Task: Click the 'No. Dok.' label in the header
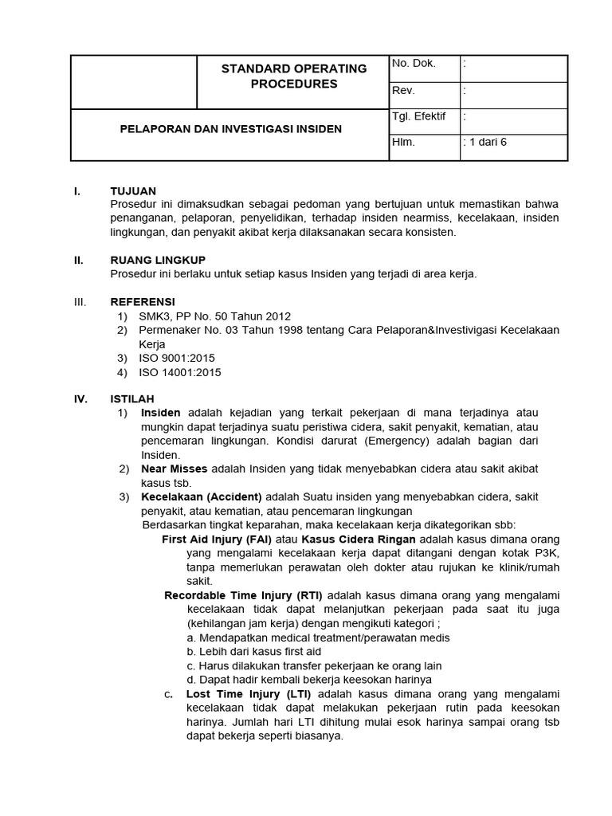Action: (x=414, y=64)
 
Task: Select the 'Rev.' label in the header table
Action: (x=404, y=91)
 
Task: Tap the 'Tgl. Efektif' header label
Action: (x=419, y=116)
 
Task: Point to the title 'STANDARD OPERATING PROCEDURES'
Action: (x=294, y=76)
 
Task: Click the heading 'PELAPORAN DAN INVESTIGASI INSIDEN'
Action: (x=231, y=128)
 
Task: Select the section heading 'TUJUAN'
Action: (x=133, y=191)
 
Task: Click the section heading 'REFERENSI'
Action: (x=142, y=302)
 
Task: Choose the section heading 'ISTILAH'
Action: (x=132, y=398)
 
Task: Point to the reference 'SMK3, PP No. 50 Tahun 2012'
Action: (x=215, y=316)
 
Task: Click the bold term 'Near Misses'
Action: (x=174, y=469)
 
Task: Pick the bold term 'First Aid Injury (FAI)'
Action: (x=214, y=539)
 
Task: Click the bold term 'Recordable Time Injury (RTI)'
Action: (x=244, y=595)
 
